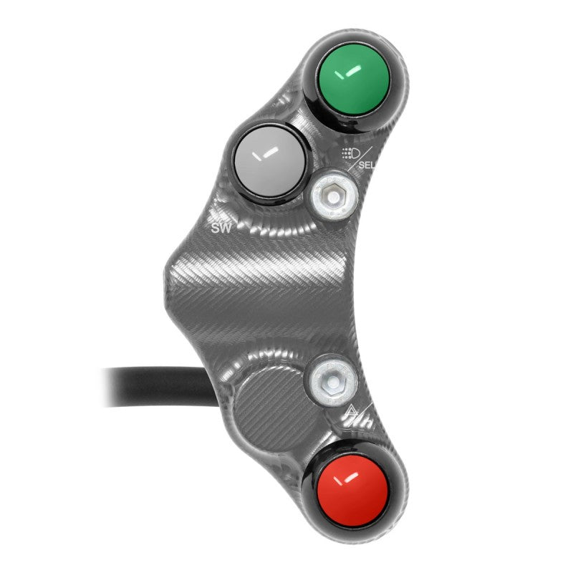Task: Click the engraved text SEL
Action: click(367, 165)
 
